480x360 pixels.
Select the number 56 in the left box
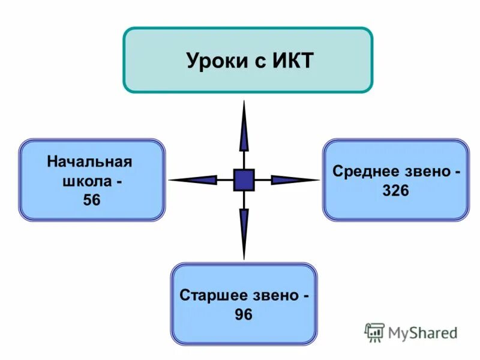(92, 200)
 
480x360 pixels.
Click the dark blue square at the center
(244, 179)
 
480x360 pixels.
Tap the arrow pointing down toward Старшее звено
(244, 231)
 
